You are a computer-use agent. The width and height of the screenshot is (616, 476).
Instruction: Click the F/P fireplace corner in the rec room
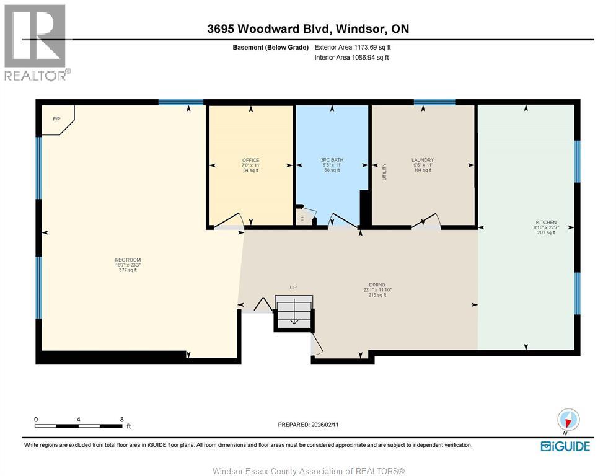57,119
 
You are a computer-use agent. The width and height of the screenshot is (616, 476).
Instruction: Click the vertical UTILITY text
384,172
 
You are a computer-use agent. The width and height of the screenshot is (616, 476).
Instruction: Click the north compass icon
567,421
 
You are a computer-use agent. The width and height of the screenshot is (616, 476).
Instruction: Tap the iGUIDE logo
565,446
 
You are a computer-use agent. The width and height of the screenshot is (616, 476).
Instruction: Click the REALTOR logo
35,42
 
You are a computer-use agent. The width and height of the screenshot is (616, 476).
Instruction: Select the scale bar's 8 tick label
121,419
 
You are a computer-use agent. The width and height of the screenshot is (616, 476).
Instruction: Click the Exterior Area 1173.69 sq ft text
353,47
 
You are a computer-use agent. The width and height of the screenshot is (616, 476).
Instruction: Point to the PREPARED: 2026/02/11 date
308,425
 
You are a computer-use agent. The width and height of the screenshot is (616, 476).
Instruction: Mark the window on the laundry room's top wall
434,102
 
